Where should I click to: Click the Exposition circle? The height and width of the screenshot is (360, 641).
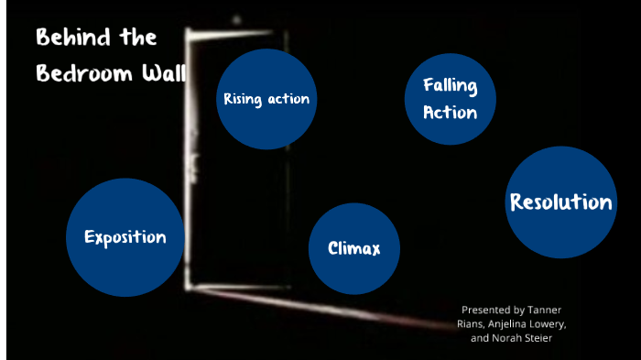click(125, 237)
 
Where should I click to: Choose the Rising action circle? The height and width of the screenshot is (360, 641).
click(266, 99)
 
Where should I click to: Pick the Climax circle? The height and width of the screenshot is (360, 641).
click(354, 248)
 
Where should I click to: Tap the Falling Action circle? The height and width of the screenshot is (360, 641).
click(451, 99)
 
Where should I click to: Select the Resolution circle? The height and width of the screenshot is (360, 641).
click(560, 202)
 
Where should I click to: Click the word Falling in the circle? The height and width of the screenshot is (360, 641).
click(451, 86)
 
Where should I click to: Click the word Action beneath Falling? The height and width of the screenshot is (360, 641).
click(451, 113)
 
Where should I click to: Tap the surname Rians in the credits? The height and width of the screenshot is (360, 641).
click(470, 323)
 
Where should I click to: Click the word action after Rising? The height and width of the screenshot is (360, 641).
click(288, 99)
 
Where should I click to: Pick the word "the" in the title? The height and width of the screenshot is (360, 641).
click(136, 38)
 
